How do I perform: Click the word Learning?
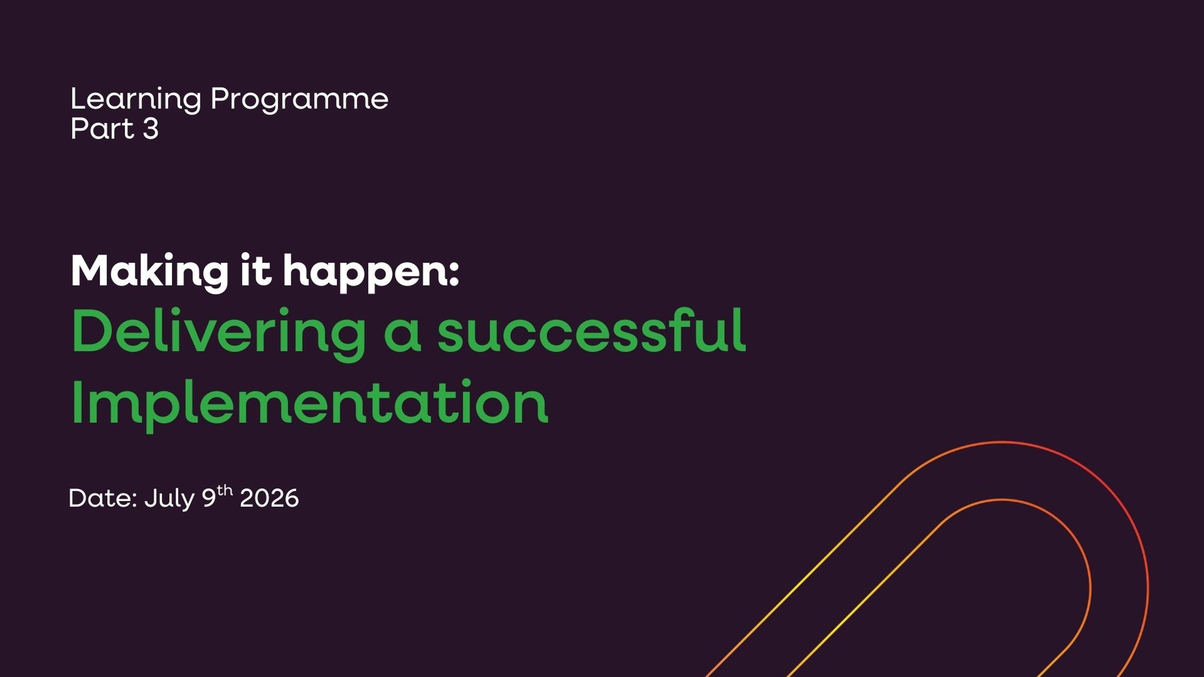[x=135, y=100]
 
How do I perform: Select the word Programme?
[x=299, y=100]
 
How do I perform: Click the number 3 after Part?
[x=150, y=129]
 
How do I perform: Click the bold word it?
[x=255, y=271]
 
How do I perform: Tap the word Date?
[x=102, y=499]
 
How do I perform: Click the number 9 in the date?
[x=209, y=499]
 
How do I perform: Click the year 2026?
[x=269, y=499]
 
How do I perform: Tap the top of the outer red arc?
[x=1002, y=442]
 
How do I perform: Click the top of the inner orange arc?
[x=1002, y=500]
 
